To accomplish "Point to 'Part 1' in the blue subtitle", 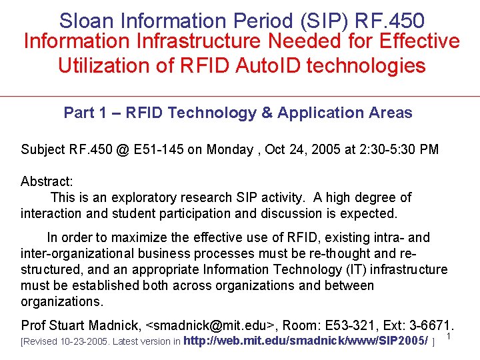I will [85, 113].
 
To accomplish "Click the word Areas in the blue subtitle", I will [390, 113].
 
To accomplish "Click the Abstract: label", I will [47, 181].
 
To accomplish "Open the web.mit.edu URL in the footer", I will [305, 341].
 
